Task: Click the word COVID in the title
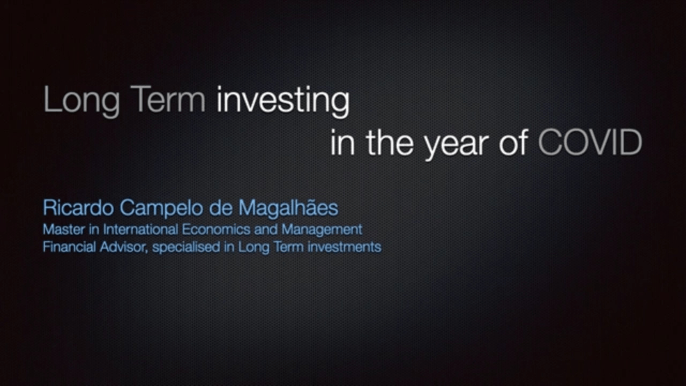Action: pyautogui.click(x=590, y=142)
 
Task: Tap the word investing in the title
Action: pyautogui.click(x=283, y=101)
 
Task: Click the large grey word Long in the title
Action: pyautogui.click(x=81, y=101)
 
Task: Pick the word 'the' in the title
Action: pyautogui.click(x=390, y=142)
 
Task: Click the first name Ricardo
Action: pyautogui.click(x=78, y=207)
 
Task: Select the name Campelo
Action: pyautogui.click(x=161, y=209)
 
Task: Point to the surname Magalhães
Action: pyautogui.click(x=288, y=209)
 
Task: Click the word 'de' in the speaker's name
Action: pyautogui.click(x=221, y=207)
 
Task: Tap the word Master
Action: pyautogui.click(x=64, y=229)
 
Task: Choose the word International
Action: pyautogui.click(x=140, y=229)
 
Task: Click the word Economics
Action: pyautogui.click(x=216, y=229)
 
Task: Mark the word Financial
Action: pyautogui.click(x=70, y=247)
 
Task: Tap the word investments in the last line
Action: pyautogui.click(x=345, y=247)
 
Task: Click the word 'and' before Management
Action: pyautogui.click(x=266, y=229)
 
